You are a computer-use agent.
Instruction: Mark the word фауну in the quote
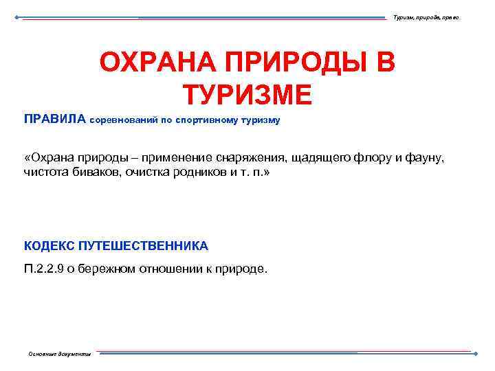[426, 159]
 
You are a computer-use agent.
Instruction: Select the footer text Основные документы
[59, 354]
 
